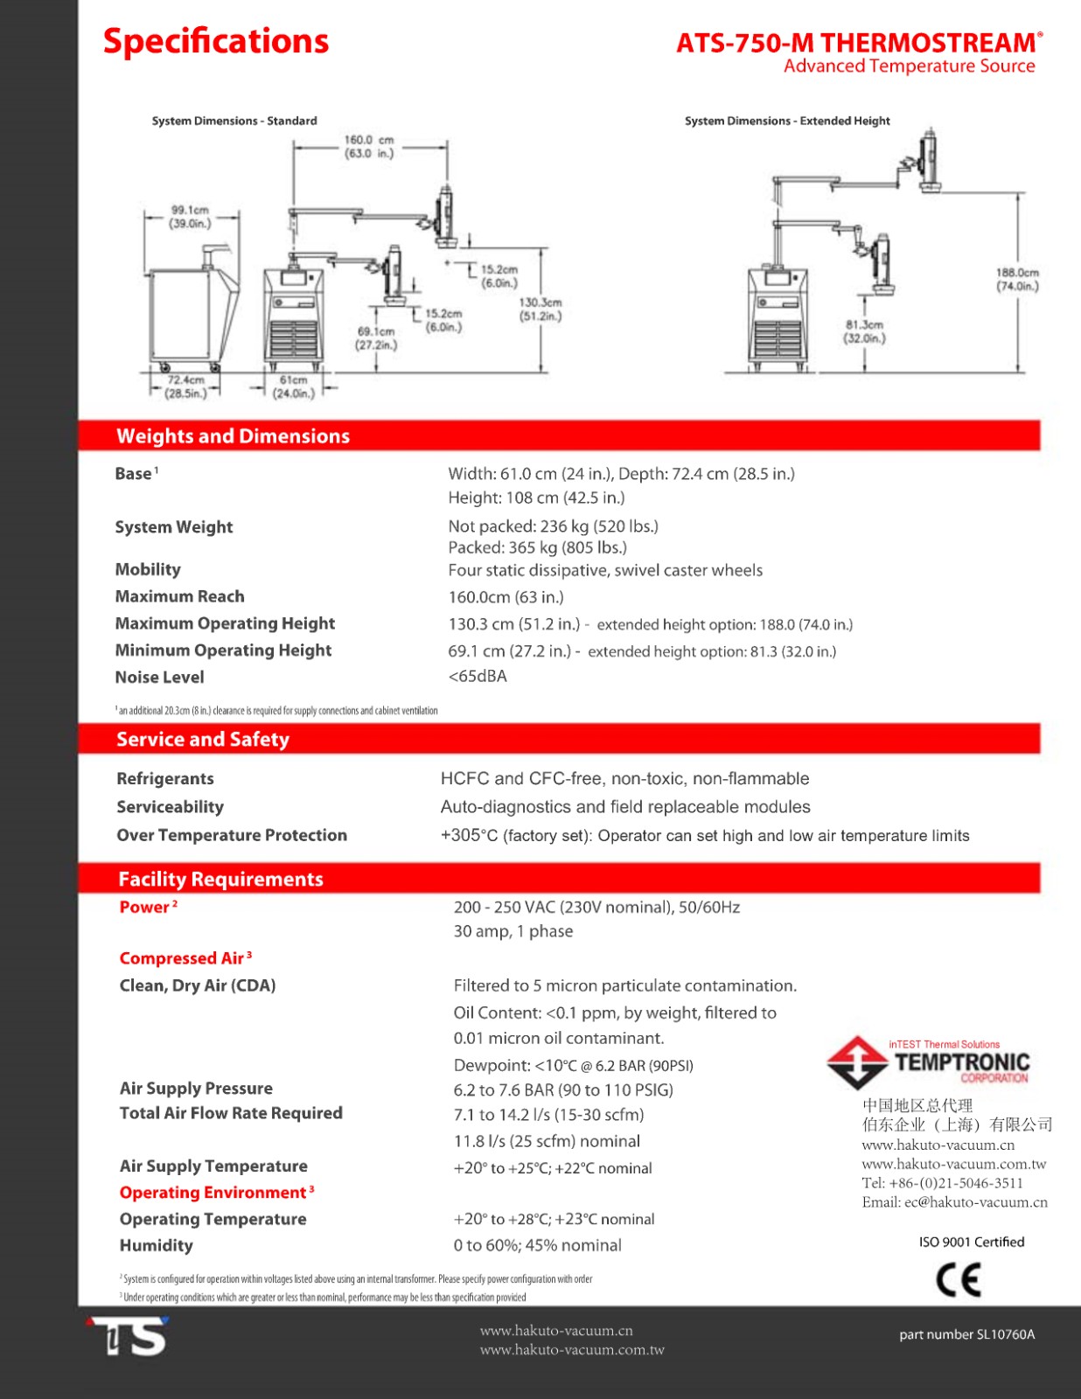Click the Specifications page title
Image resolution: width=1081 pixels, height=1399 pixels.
[216, 42]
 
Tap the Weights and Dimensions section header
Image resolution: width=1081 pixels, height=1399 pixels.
[233, 436]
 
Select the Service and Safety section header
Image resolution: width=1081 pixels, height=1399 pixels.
[203, 740]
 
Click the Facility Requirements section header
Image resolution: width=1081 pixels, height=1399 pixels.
[220, 880]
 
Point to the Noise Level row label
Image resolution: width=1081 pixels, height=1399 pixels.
[159, 678]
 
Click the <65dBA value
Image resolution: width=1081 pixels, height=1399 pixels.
[478, 677]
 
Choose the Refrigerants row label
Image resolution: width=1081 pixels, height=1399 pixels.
[165, 779]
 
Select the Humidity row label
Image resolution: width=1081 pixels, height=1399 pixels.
[157, 1246]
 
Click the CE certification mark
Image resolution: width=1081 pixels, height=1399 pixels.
[959, 1281]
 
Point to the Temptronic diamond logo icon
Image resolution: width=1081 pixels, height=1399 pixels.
[855, 1062]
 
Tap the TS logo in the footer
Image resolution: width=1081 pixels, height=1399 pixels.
[129, 1336]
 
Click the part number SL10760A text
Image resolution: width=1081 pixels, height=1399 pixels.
[966, 1334]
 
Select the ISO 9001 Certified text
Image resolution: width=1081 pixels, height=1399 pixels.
[972, 1242]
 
